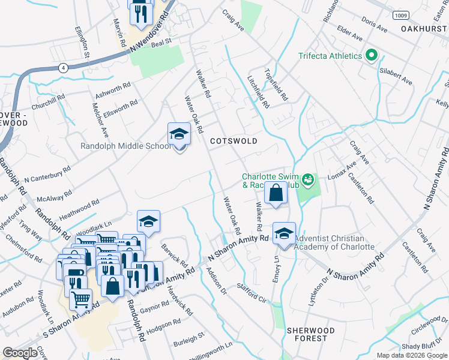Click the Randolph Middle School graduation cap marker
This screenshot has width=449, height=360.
178,134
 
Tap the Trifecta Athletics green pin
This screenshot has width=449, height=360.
372,56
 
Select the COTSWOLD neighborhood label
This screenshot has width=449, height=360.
234,141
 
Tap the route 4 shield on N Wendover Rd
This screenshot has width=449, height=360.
63,68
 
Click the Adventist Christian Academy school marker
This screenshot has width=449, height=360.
284,233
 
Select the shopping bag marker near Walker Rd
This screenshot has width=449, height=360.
276,194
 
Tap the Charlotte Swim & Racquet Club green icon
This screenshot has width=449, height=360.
308,179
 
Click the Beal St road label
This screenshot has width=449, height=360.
161,43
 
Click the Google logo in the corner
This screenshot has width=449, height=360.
20,353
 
